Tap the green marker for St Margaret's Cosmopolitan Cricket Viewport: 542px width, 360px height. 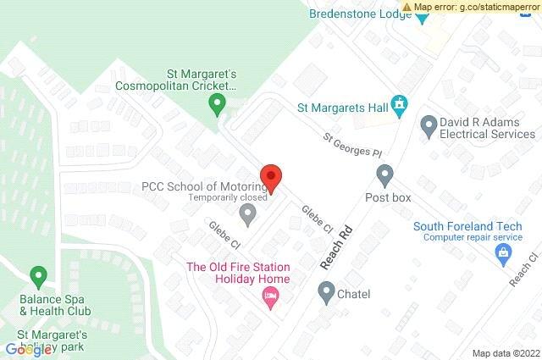coord(217,106)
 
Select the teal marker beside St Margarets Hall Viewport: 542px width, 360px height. coord(401,108)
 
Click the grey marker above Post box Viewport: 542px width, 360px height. coord(385,176)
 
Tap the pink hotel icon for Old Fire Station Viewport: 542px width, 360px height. coord(271,296)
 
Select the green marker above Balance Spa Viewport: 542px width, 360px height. coord(37,276)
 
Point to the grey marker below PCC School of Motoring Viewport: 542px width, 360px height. coord(247,216)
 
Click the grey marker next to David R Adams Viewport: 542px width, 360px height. coord(428,126)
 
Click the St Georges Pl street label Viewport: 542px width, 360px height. coord(353,149)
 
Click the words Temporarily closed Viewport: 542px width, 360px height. coord(228,198)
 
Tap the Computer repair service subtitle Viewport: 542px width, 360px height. coord(460,237)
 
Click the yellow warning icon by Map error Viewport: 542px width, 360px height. coord(406,8)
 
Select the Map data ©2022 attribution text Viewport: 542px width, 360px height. coord(506,353)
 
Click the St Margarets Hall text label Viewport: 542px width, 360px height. coord(341,108)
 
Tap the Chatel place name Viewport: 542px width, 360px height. coord(355,294)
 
